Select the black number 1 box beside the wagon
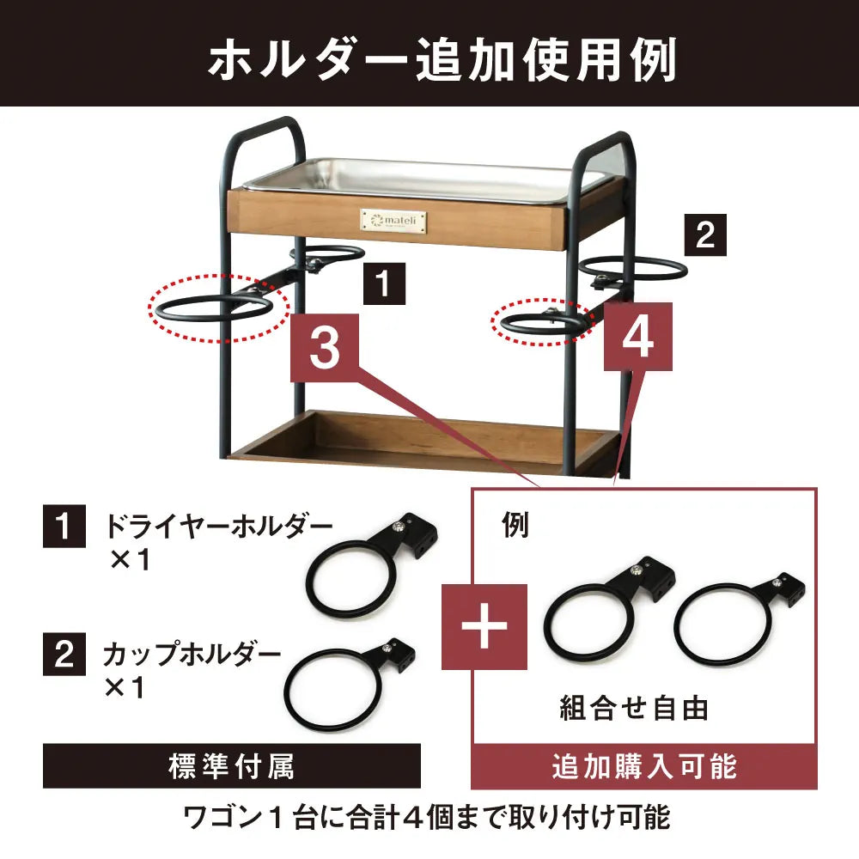(384, 284)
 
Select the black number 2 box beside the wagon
(704, 235)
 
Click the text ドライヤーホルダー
(218, 525)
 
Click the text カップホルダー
(192, 654)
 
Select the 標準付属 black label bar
(231, 765)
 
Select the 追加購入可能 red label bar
(643, 765)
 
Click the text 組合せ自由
(634, 709)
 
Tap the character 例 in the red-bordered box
(515, 527)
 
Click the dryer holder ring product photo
(361, 571)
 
